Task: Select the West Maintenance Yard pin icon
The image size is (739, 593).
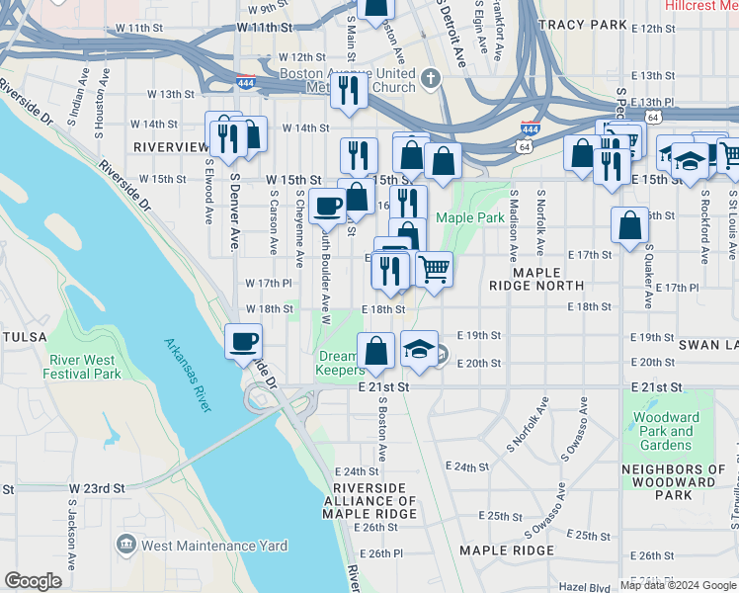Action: click(125, 545)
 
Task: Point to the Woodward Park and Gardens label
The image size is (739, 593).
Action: click(667, 431)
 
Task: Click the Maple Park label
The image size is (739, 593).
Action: click(470, 217)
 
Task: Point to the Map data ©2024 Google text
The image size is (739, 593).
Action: click(678, 585)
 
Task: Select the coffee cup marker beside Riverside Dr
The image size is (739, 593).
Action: click(243, 343)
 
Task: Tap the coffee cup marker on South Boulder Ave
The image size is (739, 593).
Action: click(326, 205)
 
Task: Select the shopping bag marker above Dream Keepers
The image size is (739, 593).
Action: click(376, 349)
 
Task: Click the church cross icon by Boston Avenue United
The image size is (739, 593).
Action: click(430, 77)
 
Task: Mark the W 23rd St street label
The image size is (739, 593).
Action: click(97, 488)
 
